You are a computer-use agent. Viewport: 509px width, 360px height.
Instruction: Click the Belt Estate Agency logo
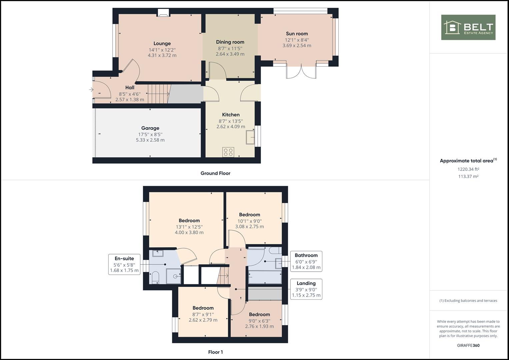(x=468, y=27)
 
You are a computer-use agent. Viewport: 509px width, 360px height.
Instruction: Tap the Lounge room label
(x=162, y=43)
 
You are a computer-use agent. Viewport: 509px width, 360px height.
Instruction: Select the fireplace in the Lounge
(x=163, y=13)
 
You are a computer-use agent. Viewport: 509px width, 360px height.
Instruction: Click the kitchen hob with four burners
(x=228, y=152)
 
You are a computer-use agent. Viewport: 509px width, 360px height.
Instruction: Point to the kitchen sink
(x=250, y=137)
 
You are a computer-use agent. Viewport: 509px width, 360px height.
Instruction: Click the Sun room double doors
(x=301, y=71)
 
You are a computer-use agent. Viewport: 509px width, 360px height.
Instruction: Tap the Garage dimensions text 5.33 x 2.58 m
(x=150, y=140)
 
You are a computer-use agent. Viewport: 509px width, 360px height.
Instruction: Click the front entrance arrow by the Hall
(x=91, y=90)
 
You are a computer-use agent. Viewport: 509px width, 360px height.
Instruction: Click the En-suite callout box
(x=124, y=264)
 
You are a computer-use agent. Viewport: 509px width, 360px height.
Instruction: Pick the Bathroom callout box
(x=306, y=261)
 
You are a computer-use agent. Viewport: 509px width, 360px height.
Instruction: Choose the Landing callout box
(x=306, y=289)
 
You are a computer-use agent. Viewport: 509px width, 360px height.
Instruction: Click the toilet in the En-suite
(x=155, y=277)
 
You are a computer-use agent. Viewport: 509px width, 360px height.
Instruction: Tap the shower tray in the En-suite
(x=174, y=276)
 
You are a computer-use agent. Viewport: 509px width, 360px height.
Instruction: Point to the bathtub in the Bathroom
(x=265, y=277)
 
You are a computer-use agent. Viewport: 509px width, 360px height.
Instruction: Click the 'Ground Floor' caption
(x=215, y=173)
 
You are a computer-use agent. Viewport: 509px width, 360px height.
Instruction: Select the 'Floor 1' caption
(x=215, y=352)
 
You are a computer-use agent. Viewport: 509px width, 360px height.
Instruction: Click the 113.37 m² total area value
(x=468, y=176)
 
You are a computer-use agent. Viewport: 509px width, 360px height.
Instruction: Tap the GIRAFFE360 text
(x=468, y=345)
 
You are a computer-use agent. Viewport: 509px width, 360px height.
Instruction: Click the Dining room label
(x=230, y=42)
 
